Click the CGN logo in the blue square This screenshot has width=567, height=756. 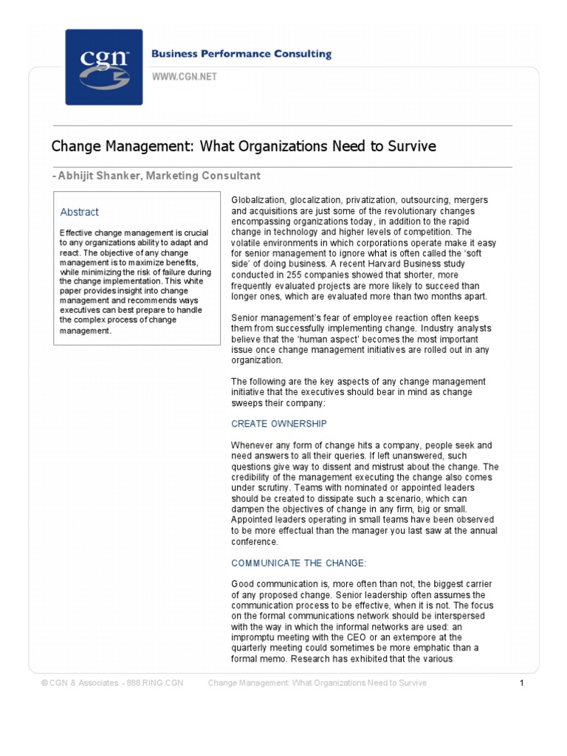[x=103, y=67]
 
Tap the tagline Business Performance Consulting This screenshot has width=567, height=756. [x=241, y=55]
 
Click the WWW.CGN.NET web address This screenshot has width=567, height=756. [x=185, y=77]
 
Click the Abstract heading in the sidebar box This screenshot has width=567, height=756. [x=79, y=212]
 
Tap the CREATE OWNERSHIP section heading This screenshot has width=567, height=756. [x=278, y=424]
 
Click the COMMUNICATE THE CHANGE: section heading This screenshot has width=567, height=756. [x=298, y=563]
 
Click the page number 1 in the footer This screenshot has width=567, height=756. [x=521, y=684]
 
